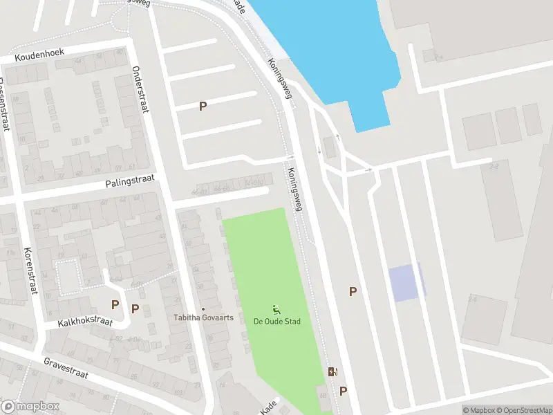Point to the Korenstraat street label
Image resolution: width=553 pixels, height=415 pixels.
(29, 273)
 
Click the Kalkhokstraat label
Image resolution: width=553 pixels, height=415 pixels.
(85, 322)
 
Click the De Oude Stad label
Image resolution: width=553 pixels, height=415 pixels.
(276, 322)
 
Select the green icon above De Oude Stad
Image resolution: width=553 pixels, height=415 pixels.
(276, 309)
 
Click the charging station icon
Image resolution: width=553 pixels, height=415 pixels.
(333, 372)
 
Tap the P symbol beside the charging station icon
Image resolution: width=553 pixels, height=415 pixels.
(344, 391)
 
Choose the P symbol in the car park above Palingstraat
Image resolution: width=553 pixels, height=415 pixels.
(203, 107)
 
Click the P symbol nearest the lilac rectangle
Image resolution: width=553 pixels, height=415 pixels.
(353, 292)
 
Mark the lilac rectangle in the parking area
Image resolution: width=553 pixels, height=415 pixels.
(404, 282)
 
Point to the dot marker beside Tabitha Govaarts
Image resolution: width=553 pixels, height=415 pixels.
(203, 309)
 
